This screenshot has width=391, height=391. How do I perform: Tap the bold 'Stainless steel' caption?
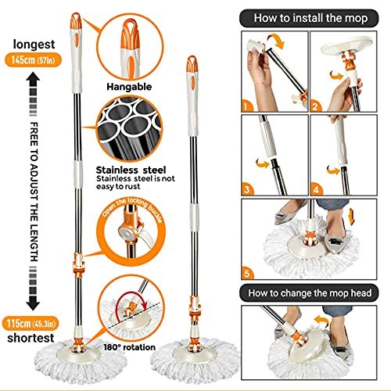pos(125,167)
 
